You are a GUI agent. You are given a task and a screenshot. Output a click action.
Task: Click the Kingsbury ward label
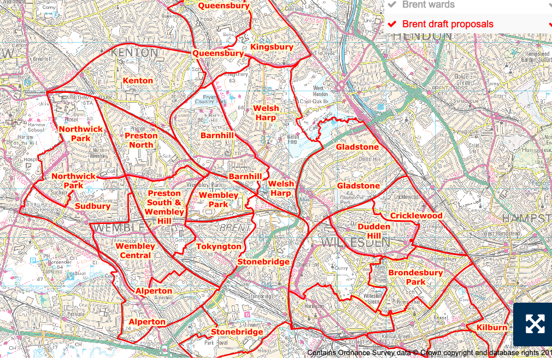pyautogui.click(x=272, y=48)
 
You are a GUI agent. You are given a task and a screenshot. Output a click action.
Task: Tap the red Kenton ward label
pyautogui.click(x=138, y=81)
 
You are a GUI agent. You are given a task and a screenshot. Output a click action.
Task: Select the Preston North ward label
pyautogui.click(x=141, y=140)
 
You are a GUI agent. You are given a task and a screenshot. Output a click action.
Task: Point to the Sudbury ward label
pyautogui.click(x=92, y=206)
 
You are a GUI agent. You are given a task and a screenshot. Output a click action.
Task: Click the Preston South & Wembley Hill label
pyautogui.click(x=165, y=207)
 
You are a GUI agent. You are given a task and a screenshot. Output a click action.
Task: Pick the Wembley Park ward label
pyautogui.click(x=218, y=200)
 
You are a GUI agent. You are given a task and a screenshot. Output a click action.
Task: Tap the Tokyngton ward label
pyautogui.click(x=219, y=246)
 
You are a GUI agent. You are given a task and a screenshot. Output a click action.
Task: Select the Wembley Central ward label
pyautogui.click(x=135, y=251)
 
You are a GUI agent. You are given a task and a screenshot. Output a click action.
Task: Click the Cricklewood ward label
pyautogui.click(x=416, y=216)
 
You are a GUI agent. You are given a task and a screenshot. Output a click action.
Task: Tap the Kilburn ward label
pyautogui.click(x=491, y=327)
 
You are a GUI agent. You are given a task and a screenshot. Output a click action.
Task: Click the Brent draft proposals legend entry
pyautogui.click(x=448, y=24)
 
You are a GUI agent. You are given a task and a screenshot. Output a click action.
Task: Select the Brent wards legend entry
pyautogui.click(x=428, y=5)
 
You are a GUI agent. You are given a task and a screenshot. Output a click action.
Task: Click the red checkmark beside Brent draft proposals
pyautogui.click(x=392, y=24)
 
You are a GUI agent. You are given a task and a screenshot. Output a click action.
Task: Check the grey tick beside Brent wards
pyautogui.click(x=392, y=5)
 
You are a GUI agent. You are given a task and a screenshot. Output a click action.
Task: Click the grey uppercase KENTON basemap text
pyautogui.click(x=134, y=53)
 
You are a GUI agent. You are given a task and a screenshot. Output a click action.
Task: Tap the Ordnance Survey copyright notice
pyautogui.click(x=429, y=353)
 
